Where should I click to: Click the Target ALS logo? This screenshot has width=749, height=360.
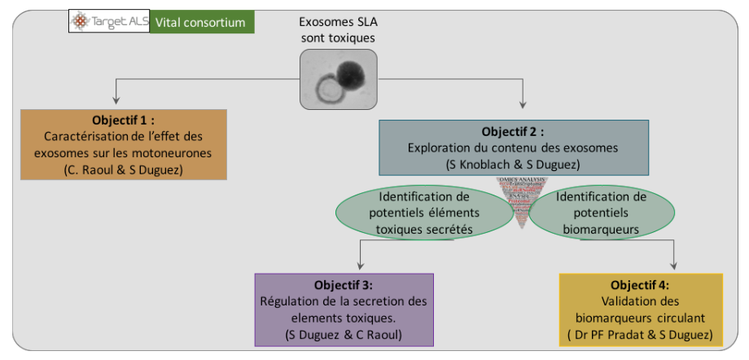pyautogui.click(x=109, y=22)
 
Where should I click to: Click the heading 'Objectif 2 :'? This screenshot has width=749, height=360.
pyautogui.click(x=512, y=131)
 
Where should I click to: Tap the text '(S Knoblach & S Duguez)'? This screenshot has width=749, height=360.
pyautogui.click(x=512, y=164)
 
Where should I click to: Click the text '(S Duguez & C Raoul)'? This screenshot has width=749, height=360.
pyautogui.click(x=344, y=335)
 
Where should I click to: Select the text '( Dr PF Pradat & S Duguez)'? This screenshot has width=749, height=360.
pyautogui.click(x=641, y=335)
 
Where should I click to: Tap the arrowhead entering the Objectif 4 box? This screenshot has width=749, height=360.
pyautogui.click(x=673, y=266)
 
